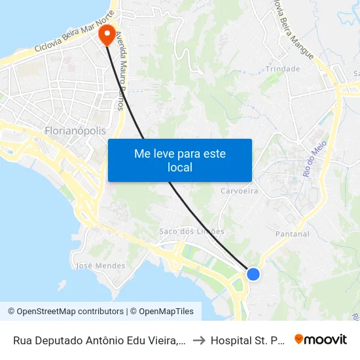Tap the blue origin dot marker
click(253, 274)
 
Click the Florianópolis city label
click(75, 131)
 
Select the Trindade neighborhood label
click(283, 69)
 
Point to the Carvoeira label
click(239, 190)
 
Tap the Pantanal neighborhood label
click(293, 234)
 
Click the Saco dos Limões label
click(192, 231)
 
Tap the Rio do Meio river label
click(314, 161)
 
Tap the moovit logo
click(321, 339)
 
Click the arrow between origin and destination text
click(199, 340)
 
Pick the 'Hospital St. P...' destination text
click(248, 340)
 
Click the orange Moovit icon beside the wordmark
click(299, 339)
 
